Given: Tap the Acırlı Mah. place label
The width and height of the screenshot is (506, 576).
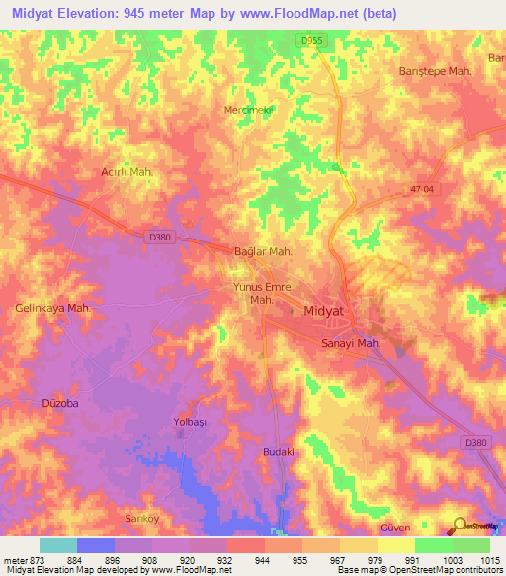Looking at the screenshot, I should [x=127, y=172].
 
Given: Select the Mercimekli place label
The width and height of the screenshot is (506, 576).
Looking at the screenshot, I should [x=247, y=109].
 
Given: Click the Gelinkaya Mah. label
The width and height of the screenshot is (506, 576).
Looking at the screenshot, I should [x=52, y=308].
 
